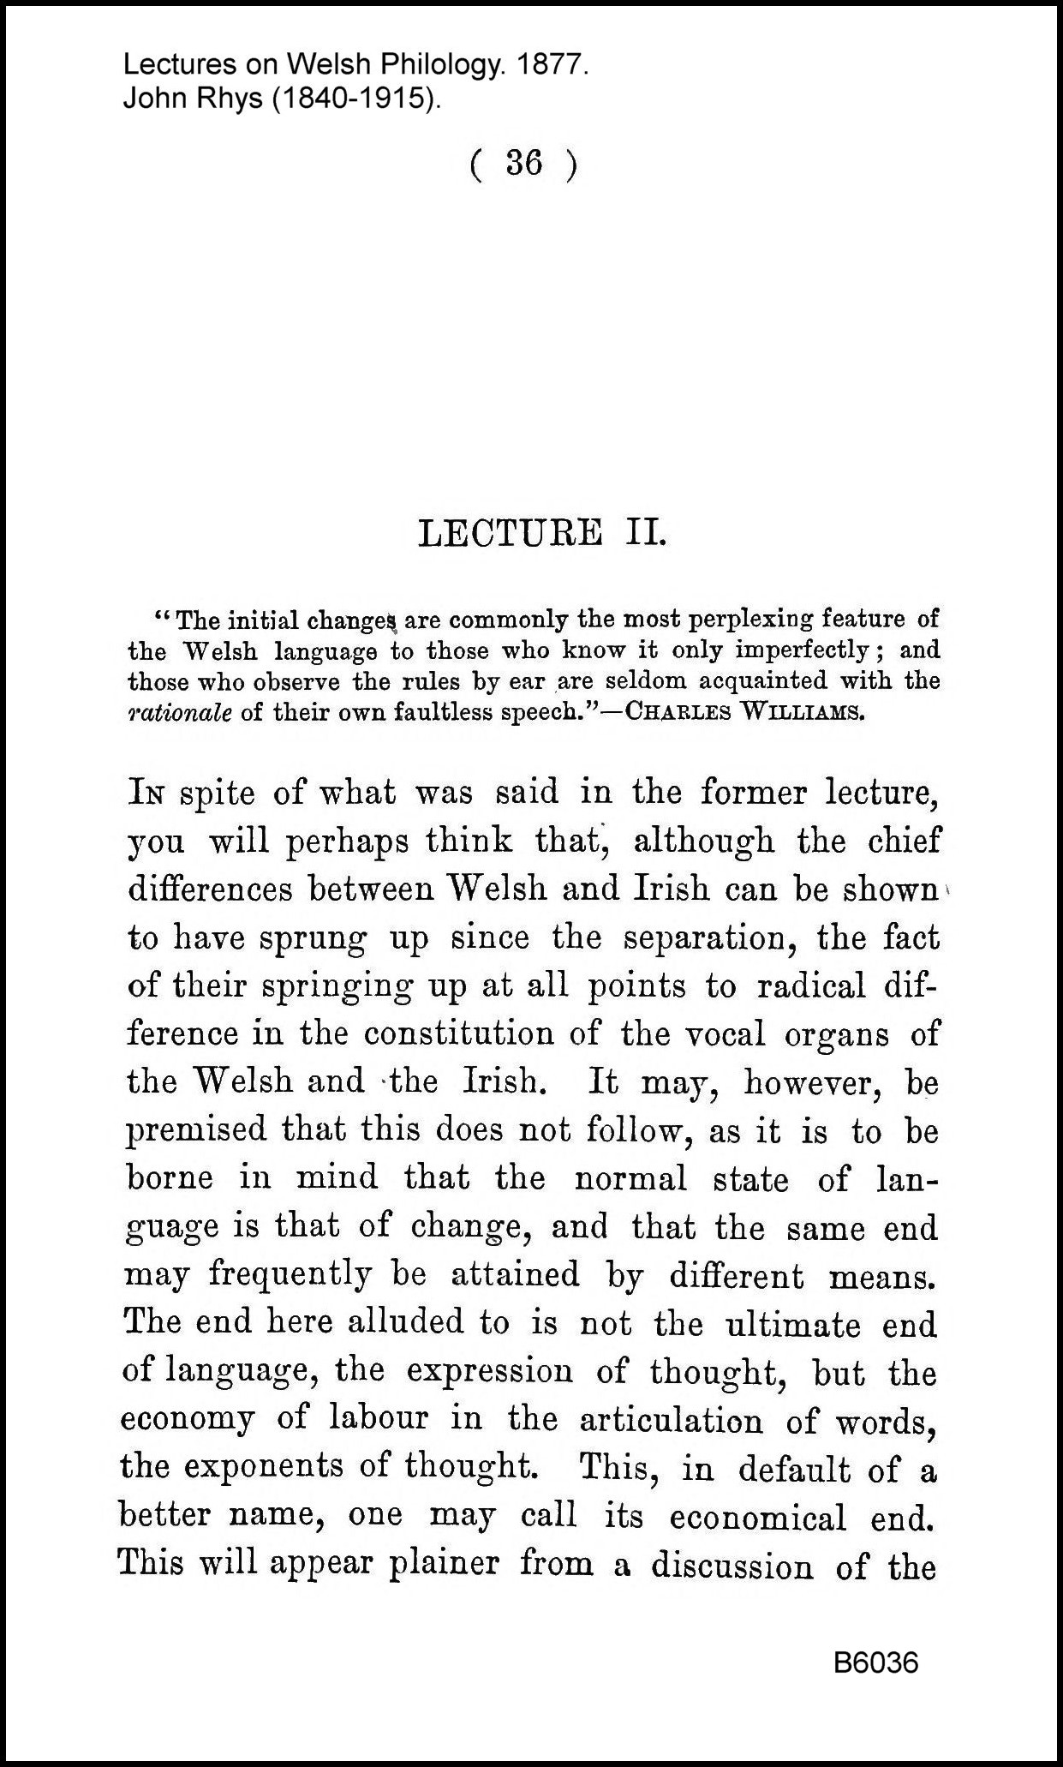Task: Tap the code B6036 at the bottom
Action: tap(875, 1663)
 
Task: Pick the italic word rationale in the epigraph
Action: tap(179, 713)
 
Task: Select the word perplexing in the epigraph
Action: tap(751, 619)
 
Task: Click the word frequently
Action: tap(290, 1275)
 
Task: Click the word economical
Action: tap(758, 1517)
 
